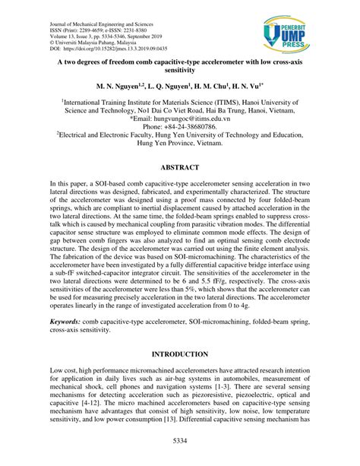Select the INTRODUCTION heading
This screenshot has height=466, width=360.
tap(179, 353)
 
